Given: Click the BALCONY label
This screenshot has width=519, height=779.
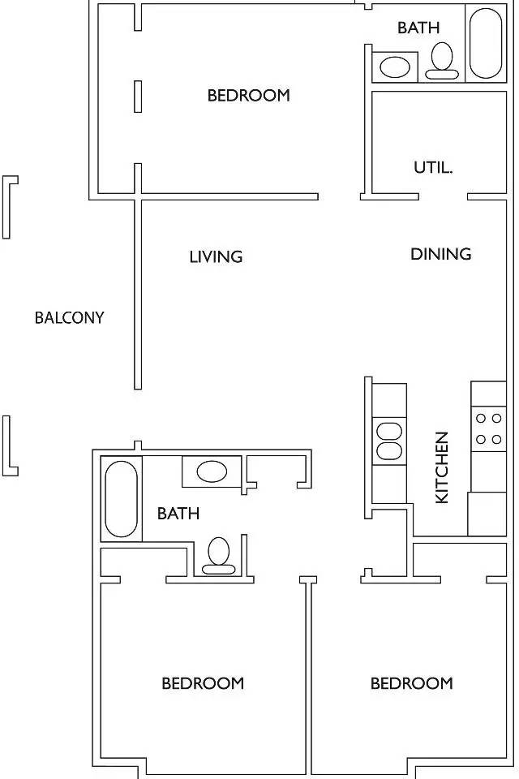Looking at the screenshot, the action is [70, 317].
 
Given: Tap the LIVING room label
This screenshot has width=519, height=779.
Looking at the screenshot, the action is [216, 257].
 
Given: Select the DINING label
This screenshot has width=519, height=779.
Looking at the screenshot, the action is [441, 254].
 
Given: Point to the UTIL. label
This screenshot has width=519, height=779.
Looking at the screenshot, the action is [433, 167].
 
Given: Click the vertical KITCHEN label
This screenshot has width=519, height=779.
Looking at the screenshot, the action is [441, 467].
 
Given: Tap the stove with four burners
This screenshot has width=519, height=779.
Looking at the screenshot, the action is [489, 428].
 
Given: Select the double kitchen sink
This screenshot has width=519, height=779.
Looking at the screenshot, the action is [389, 441].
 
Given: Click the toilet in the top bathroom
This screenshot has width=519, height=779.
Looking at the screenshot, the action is [441, 61].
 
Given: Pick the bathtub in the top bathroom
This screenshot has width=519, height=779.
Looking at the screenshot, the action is [486, 43].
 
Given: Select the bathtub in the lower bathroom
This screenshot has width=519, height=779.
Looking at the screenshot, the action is [121, 499].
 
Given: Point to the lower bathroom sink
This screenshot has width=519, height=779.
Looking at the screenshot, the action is [212, 471].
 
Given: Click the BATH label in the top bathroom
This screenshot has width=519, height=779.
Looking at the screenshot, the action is [418, 28].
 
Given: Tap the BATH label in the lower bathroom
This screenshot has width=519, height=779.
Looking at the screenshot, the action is [178, 513].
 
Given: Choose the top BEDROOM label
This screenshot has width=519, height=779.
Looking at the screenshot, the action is [248, 95].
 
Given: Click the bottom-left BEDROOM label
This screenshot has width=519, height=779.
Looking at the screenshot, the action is [203, 683].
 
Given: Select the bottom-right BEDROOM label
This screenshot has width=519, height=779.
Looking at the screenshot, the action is [412, 683].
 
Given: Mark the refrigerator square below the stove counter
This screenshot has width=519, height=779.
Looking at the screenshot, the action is [487, 514].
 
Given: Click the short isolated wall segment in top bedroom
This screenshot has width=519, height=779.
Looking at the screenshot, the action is [138, 97].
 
